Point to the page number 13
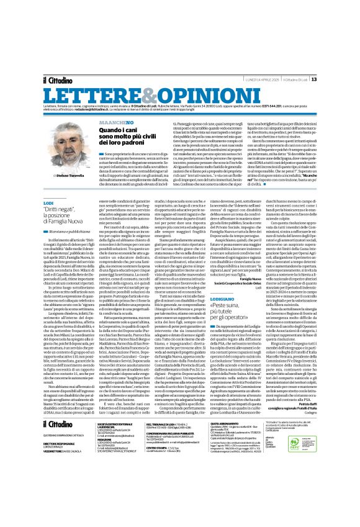[348, 61]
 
